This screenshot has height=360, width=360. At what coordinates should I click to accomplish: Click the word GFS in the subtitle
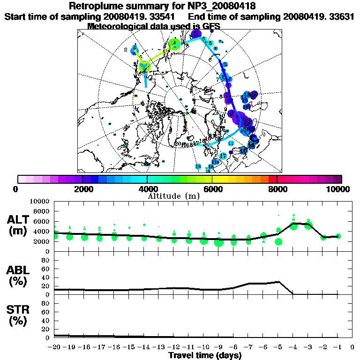tap(210, 26)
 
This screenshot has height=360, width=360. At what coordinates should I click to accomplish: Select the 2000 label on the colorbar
tap(82, 189)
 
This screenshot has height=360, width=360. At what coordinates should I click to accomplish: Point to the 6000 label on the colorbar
tap(212, 189)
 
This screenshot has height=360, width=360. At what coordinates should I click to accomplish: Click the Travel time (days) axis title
tap(205, 356)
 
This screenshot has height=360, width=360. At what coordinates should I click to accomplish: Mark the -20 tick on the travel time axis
tap(54, 348)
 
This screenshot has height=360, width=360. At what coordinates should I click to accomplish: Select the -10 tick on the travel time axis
tap(203, 348)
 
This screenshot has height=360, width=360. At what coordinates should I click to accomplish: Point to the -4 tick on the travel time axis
tap(293, 348)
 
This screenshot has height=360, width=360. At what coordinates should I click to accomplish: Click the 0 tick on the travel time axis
tap(352, 348)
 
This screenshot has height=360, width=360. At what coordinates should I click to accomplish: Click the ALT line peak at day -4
tap(293, 223)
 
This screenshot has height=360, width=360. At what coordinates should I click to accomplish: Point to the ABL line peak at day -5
tap(278, 282)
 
